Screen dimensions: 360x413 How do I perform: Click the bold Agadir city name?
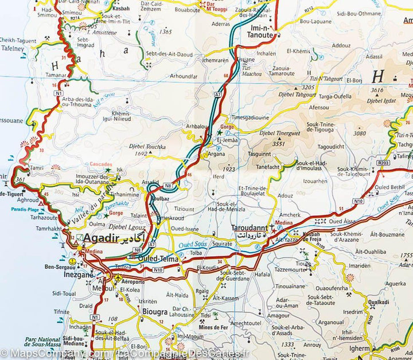pos(101,238)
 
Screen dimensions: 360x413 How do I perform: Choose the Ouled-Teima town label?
pos(158,259)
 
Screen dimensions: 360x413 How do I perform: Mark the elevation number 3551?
pos(279,144)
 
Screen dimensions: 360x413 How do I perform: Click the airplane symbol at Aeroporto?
pos(118,278)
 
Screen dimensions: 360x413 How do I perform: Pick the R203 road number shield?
pos(384,163)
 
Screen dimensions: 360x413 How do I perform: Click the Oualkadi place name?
pos(379,302)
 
